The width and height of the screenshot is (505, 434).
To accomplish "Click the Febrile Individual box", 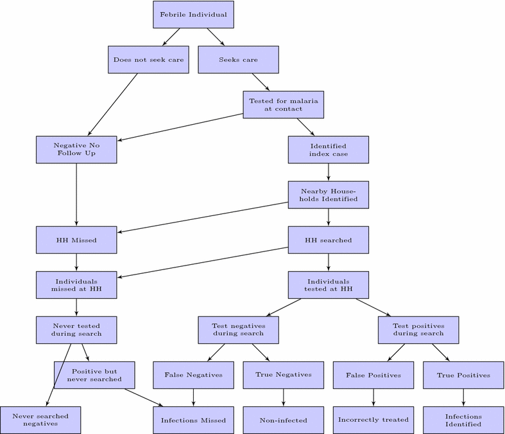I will click(193, 15).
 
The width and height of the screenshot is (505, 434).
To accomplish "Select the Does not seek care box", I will click(148, 60).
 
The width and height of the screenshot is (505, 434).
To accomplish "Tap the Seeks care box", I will click(238, 60).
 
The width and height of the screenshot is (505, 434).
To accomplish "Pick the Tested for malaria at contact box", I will click(283, 105).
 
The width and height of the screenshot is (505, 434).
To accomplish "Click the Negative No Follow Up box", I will click(76, 150).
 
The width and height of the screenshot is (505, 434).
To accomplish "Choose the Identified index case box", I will click(329, 150).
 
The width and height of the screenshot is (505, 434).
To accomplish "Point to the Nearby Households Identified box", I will click(329, 195).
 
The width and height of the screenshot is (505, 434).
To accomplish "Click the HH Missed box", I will click(76, 240).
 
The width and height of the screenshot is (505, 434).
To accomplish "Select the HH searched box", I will click(329, 240).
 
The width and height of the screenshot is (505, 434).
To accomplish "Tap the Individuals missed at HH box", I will click(76, 285).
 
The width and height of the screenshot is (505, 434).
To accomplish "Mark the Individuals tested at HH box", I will click(329, 285).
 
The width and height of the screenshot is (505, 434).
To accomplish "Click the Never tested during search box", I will click(76, 330).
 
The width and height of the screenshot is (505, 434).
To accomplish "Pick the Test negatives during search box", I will click(238, 330).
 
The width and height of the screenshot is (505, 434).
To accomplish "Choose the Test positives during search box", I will click(418, 330).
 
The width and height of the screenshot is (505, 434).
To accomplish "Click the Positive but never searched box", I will click(94, 375).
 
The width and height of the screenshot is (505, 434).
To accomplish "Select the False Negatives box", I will click(193, 375).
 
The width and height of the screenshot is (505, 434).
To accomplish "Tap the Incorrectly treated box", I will click(373, 420).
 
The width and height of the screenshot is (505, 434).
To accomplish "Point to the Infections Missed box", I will click(193, 420).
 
